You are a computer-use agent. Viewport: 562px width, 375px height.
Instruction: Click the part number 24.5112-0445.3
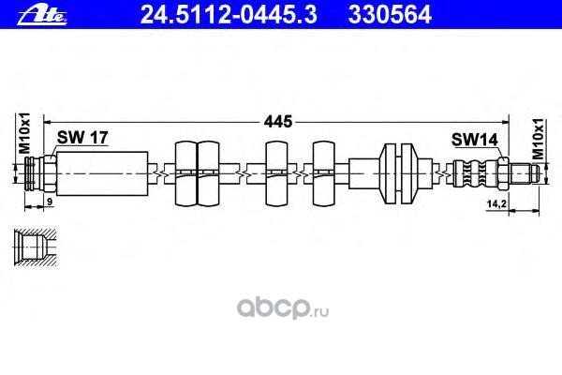tap(204, 12)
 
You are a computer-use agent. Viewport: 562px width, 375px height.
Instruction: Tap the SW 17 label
tap(83, 138)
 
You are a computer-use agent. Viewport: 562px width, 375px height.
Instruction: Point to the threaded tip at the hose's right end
tap(524, 171)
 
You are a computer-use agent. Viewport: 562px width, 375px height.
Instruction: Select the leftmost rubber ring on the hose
tap(185, 171)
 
